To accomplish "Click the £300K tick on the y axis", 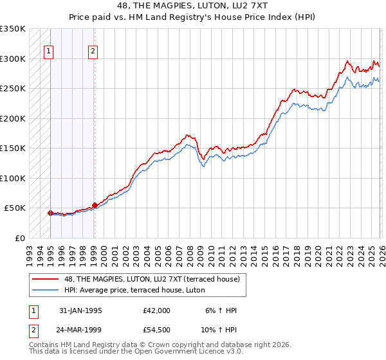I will coord(13,59).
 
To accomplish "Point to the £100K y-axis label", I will coord(13,178).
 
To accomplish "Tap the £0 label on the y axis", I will coord(19,238).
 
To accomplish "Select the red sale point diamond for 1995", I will coord(50,213).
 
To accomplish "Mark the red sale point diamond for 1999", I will coord(95,205).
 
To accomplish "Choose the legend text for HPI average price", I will coord(133,290).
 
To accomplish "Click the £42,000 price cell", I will coord(157,310).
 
